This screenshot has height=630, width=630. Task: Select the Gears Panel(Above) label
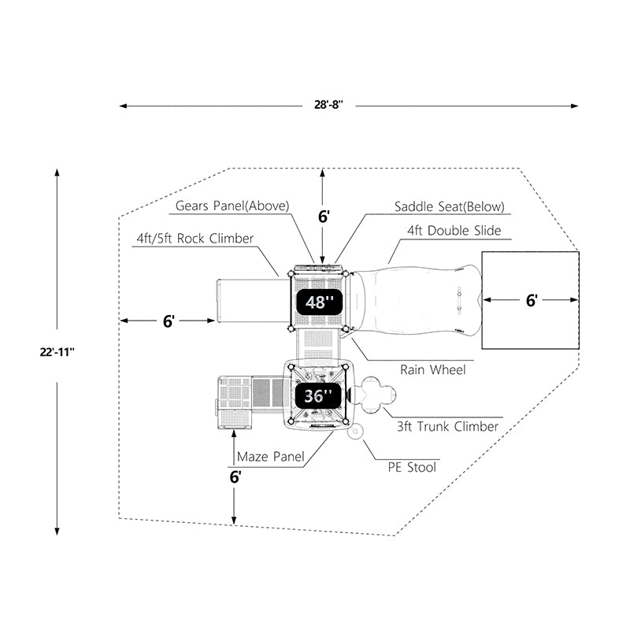232,206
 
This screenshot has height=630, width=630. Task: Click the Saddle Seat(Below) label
450,206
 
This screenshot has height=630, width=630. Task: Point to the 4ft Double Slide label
454,231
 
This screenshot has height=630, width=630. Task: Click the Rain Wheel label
432,369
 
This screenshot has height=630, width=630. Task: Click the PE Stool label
413,467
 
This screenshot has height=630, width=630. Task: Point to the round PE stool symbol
355,430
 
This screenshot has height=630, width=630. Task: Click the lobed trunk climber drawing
375,393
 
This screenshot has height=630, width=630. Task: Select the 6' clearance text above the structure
324,217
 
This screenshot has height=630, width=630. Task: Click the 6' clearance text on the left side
169,321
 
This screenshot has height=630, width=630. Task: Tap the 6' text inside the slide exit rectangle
532,300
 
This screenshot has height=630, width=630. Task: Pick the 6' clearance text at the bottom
235,476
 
